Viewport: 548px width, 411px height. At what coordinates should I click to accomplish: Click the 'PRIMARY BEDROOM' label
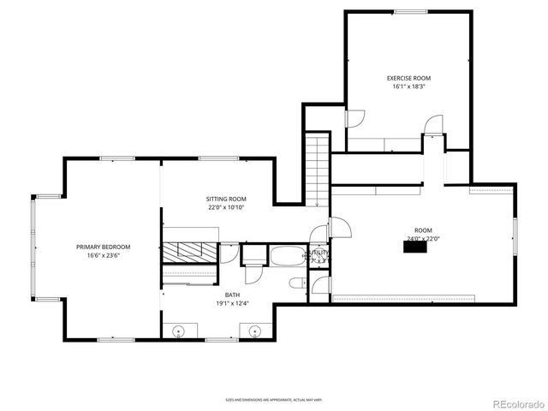(x=103, y=247)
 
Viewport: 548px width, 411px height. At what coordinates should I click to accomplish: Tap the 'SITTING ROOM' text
(x=226, y=198)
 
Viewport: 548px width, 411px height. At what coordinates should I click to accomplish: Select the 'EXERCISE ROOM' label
(x=408, y=78)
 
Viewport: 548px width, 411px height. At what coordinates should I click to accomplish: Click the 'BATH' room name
(x=185, y=295)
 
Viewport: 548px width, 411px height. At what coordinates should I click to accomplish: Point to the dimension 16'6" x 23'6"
(x=103, y=255)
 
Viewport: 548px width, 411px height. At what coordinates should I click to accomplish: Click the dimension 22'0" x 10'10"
(x=226, y=206)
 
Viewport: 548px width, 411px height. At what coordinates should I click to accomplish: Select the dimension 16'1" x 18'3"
(x=408, y=86)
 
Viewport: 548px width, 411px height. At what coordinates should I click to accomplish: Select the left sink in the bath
(x=181, y=331)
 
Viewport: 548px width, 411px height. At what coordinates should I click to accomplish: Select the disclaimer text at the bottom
(x=274, y=399)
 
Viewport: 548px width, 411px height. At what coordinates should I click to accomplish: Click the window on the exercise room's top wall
(x=409, y=12)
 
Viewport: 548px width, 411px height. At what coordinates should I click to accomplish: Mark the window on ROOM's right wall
(x=515, y=236)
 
